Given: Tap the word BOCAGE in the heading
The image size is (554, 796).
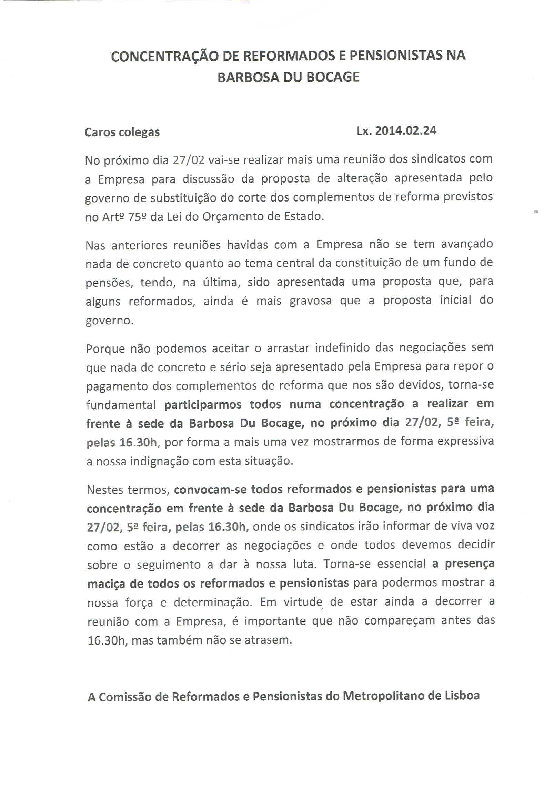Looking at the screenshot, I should point(333,77).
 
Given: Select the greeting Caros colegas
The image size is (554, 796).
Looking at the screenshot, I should point(122,132).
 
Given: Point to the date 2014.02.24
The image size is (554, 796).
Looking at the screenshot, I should point(406,131).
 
